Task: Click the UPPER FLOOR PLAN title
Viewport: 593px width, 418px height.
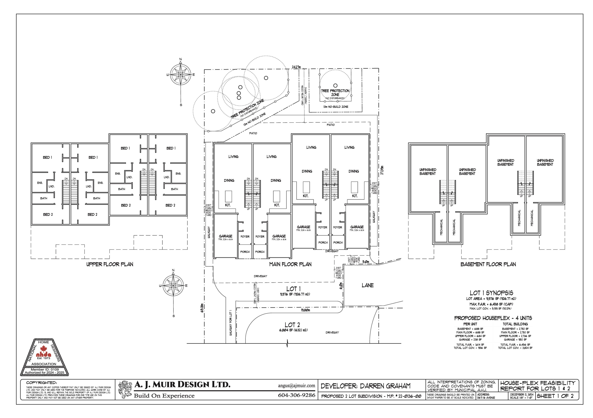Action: tap(110, 264)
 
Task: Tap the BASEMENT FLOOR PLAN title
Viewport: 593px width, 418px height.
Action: tap(488, 264)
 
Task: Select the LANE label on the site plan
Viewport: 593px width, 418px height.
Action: tap(367, 285)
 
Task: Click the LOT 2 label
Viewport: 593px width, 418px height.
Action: tap(292, 325)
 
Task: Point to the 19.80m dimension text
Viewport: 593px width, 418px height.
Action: tap(305, 310)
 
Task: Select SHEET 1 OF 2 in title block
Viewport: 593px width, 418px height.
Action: tap(555, 396)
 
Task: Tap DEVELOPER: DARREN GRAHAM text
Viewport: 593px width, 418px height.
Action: tap(365, 386)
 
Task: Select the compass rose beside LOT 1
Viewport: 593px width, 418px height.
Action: tap(173, 286)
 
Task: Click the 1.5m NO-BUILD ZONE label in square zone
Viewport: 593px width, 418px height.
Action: tap(335, 107)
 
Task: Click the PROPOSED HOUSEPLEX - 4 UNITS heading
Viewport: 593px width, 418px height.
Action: tap(493, 318)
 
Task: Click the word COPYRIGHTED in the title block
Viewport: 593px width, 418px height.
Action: tap(41, 383)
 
